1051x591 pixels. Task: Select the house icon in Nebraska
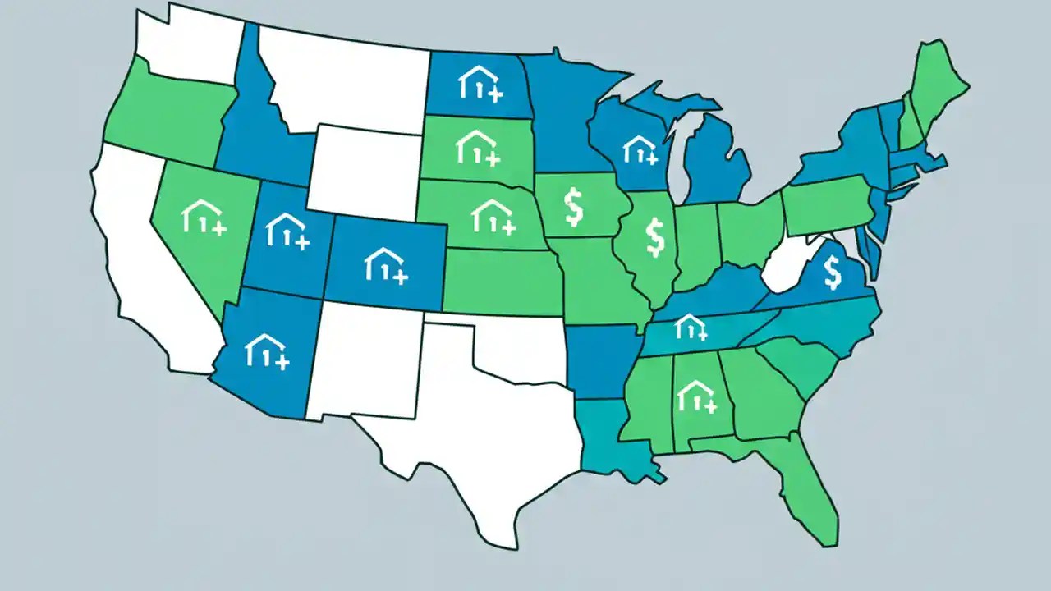(x=493, y=215)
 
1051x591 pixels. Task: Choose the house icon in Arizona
(x=267, y=350)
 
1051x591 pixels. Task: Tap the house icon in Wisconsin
(x=640, y=149)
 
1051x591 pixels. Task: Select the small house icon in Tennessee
(x=690, y=328)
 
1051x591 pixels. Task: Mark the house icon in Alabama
(x=695, y=396)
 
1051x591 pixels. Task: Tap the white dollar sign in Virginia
(x=832, y=273)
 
